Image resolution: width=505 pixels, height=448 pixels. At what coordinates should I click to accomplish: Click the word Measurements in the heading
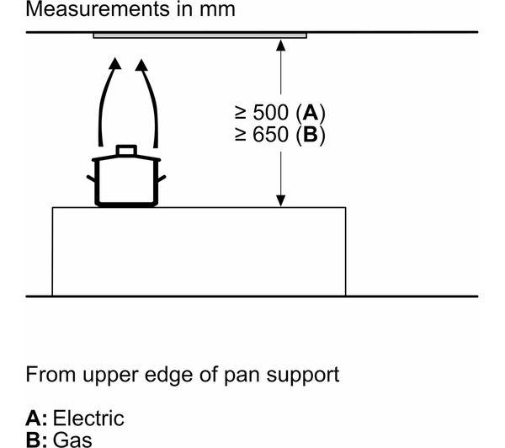(x=98, y=9)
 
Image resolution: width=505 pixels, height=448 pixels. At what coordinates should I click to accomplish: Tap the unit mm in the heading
(x=217, y=10)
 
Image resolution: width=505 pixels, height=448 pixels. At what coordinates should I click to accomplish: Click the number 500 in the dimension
(x=270, y=113)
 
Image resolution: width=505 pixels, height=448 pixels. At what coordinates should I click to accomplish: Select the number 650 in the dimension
(x=270, y=135)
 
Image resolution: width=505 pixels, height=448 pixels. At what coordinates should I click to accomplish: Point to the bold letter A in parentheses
(x=311, y=113)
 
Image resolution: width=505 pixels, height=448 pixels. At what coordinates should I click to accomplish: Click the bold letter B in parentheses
(x=311, y=135)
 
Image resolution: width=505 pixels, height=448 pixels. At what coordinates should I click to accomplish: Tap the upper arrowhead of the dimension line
(x=281, y=45)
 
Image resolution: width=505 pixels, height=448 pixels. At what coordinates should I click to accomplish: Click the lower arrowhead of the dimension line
(x=281, y=200)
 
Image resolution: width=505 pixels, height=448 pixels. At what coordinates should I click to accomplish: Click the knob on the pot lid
(x=126, y=150)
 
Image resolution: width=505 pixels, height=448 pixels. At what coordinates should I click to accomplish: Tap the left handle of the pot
(x=91, y=179)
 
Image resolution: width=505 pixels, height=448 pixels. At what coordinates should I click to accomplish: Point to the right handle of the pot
(x=162, y=179)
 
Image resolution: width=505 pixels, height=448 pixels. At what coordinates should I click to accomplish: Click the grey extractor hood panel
(x=200, y=35)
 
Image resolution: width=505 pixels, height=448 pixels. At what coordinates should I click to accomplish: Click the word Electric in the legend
(x=88, y=418)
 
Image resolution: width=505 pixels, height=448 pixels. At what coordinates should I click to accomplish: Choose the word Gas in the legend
(x=72, y=440)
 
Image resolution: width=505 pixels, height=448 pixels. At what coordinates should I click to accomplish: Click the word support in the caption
(x=303, y=376)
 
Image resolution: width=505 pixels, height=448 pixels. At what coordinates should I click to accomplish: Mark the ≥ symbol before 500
(x=241, y=113)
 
